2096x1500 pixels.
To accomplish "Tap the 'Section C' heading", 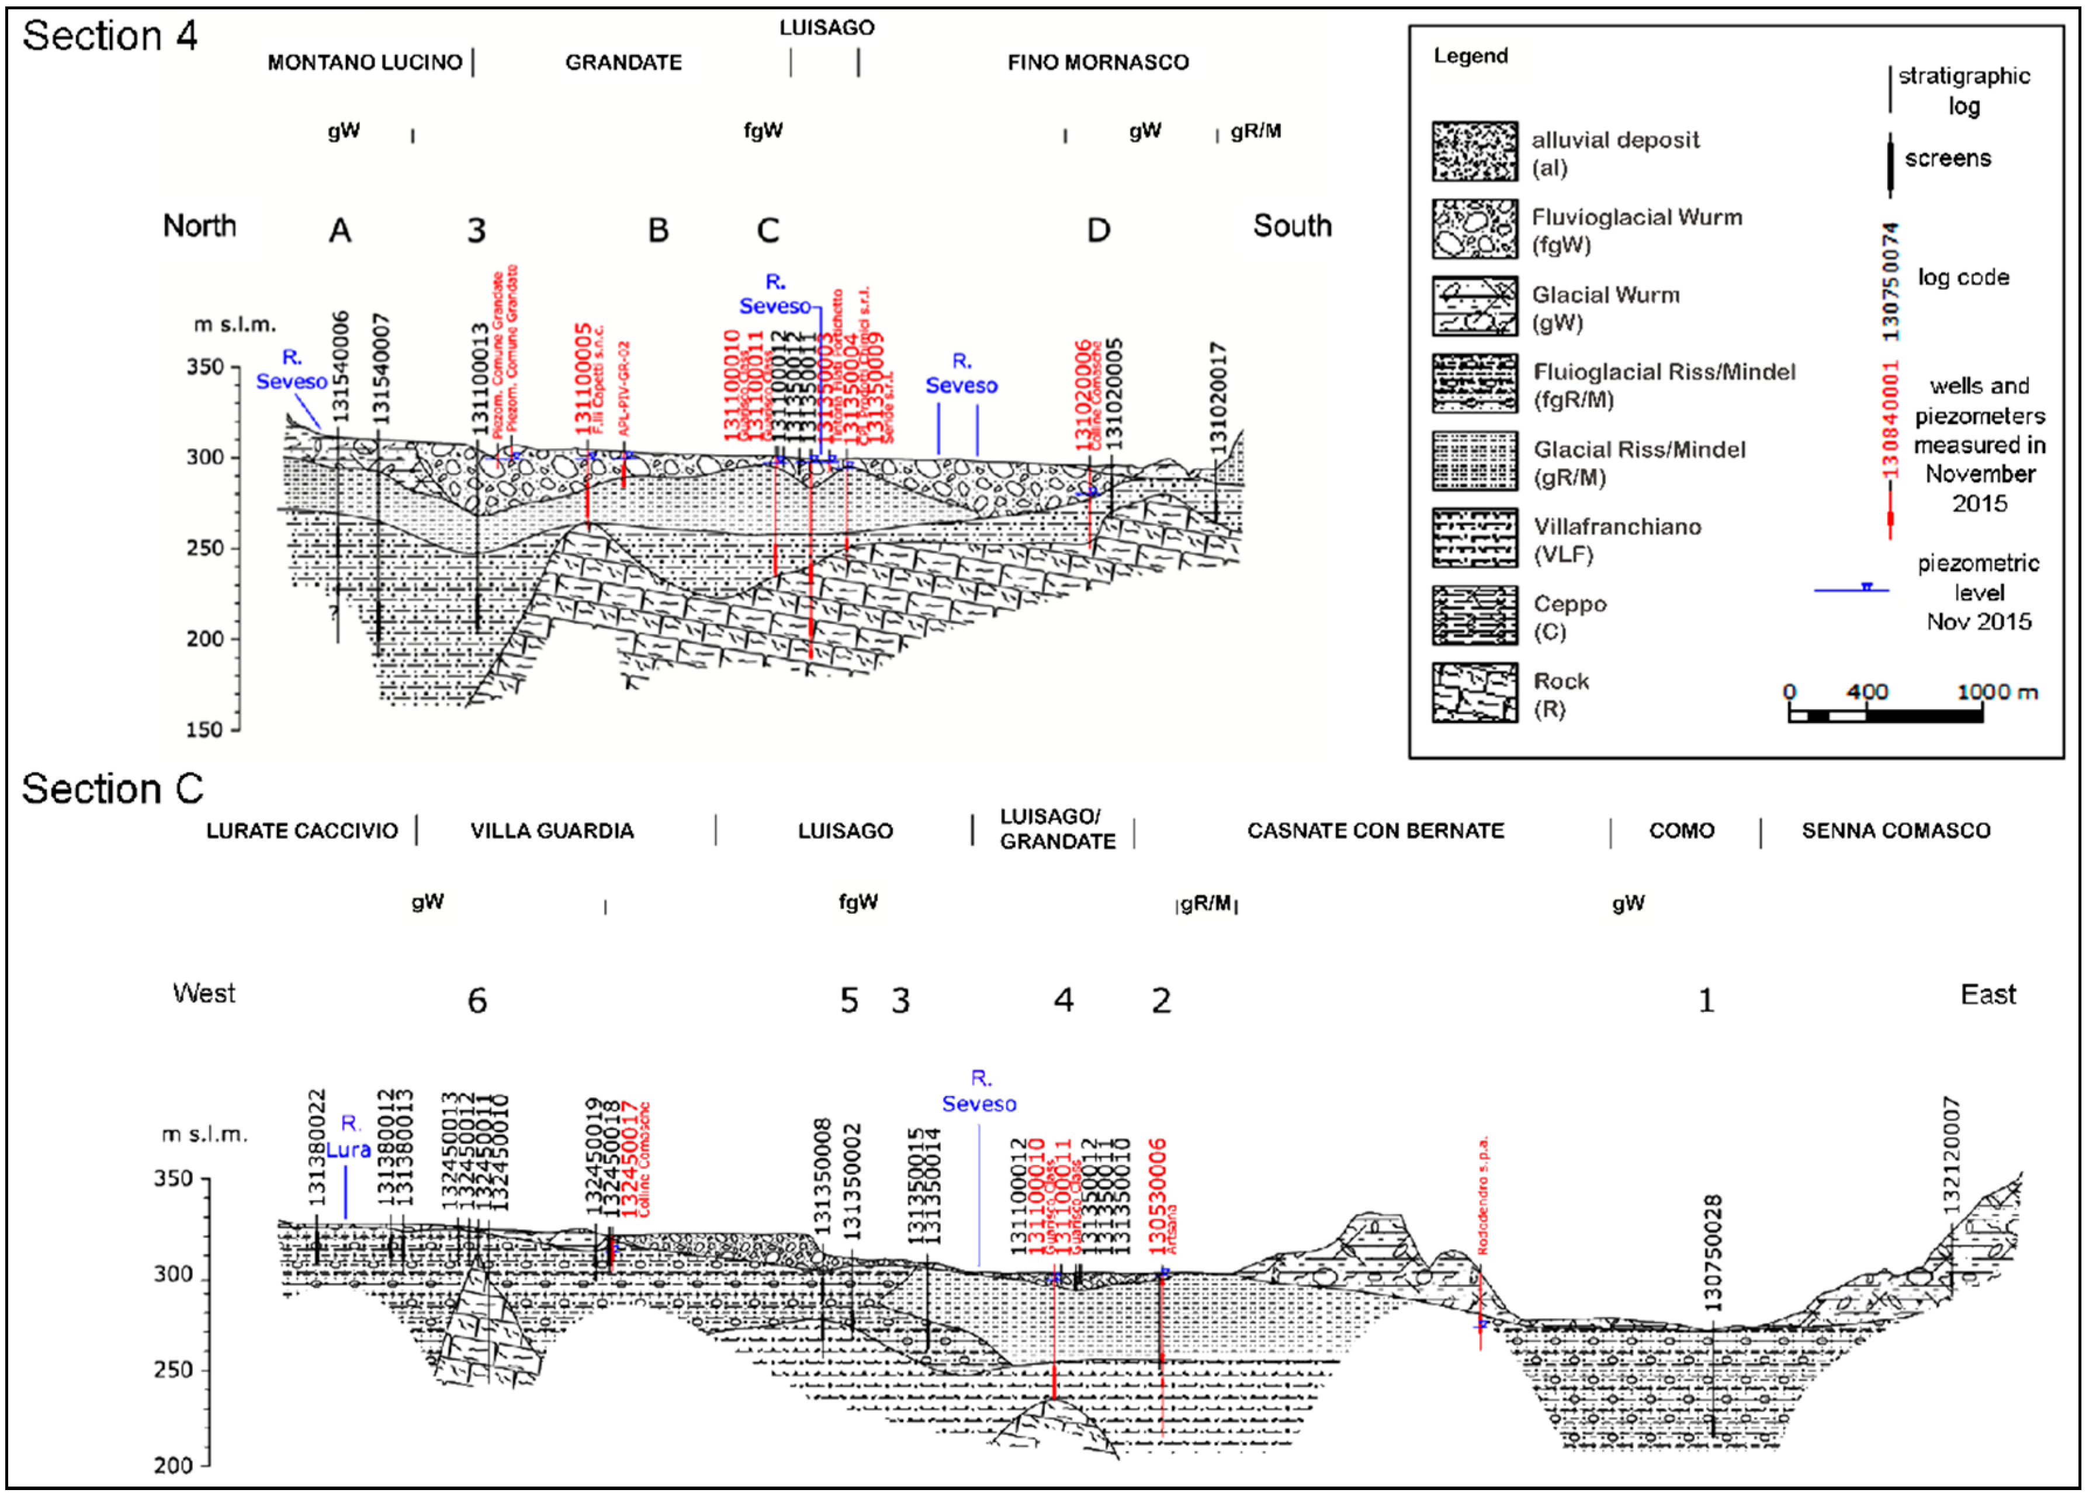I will tap(112, 790).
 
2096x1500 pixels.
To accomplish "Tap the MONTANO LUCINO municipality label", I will tap(365, 63).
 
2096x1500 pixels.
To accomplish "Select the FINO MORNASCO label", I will tap(1098, 63).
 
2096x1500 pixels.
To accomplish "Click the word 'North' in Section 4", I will tap(199, 226).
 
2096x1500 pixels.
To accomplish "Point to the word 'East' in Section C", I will tap(1988, 995).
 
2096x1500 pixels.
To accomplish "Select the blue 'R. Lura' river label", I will tap(348, 1137).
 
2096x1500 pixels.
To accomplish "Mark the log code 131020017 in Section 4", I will tap(1219, 397).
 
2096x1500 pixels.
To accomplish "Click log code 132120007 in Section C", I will tap(1951, 1155).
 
